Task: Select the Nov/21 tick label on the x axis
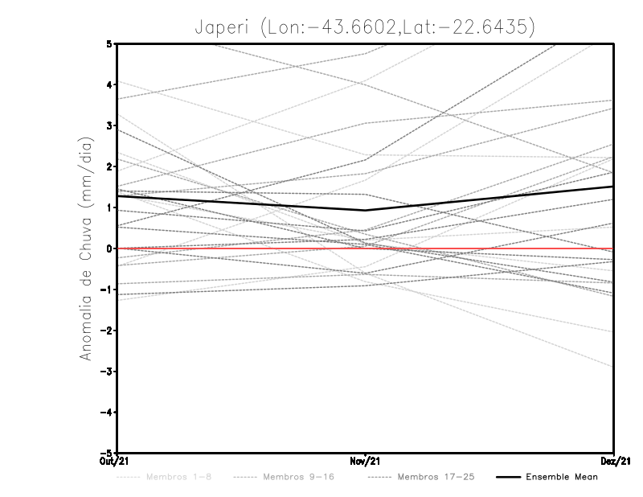click(366, 461)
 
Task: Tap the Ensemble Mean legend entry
click(562, 477)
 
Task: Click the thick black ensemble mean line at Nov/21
click(366, 211)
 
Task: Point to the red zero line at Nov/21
click(366, 249)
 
